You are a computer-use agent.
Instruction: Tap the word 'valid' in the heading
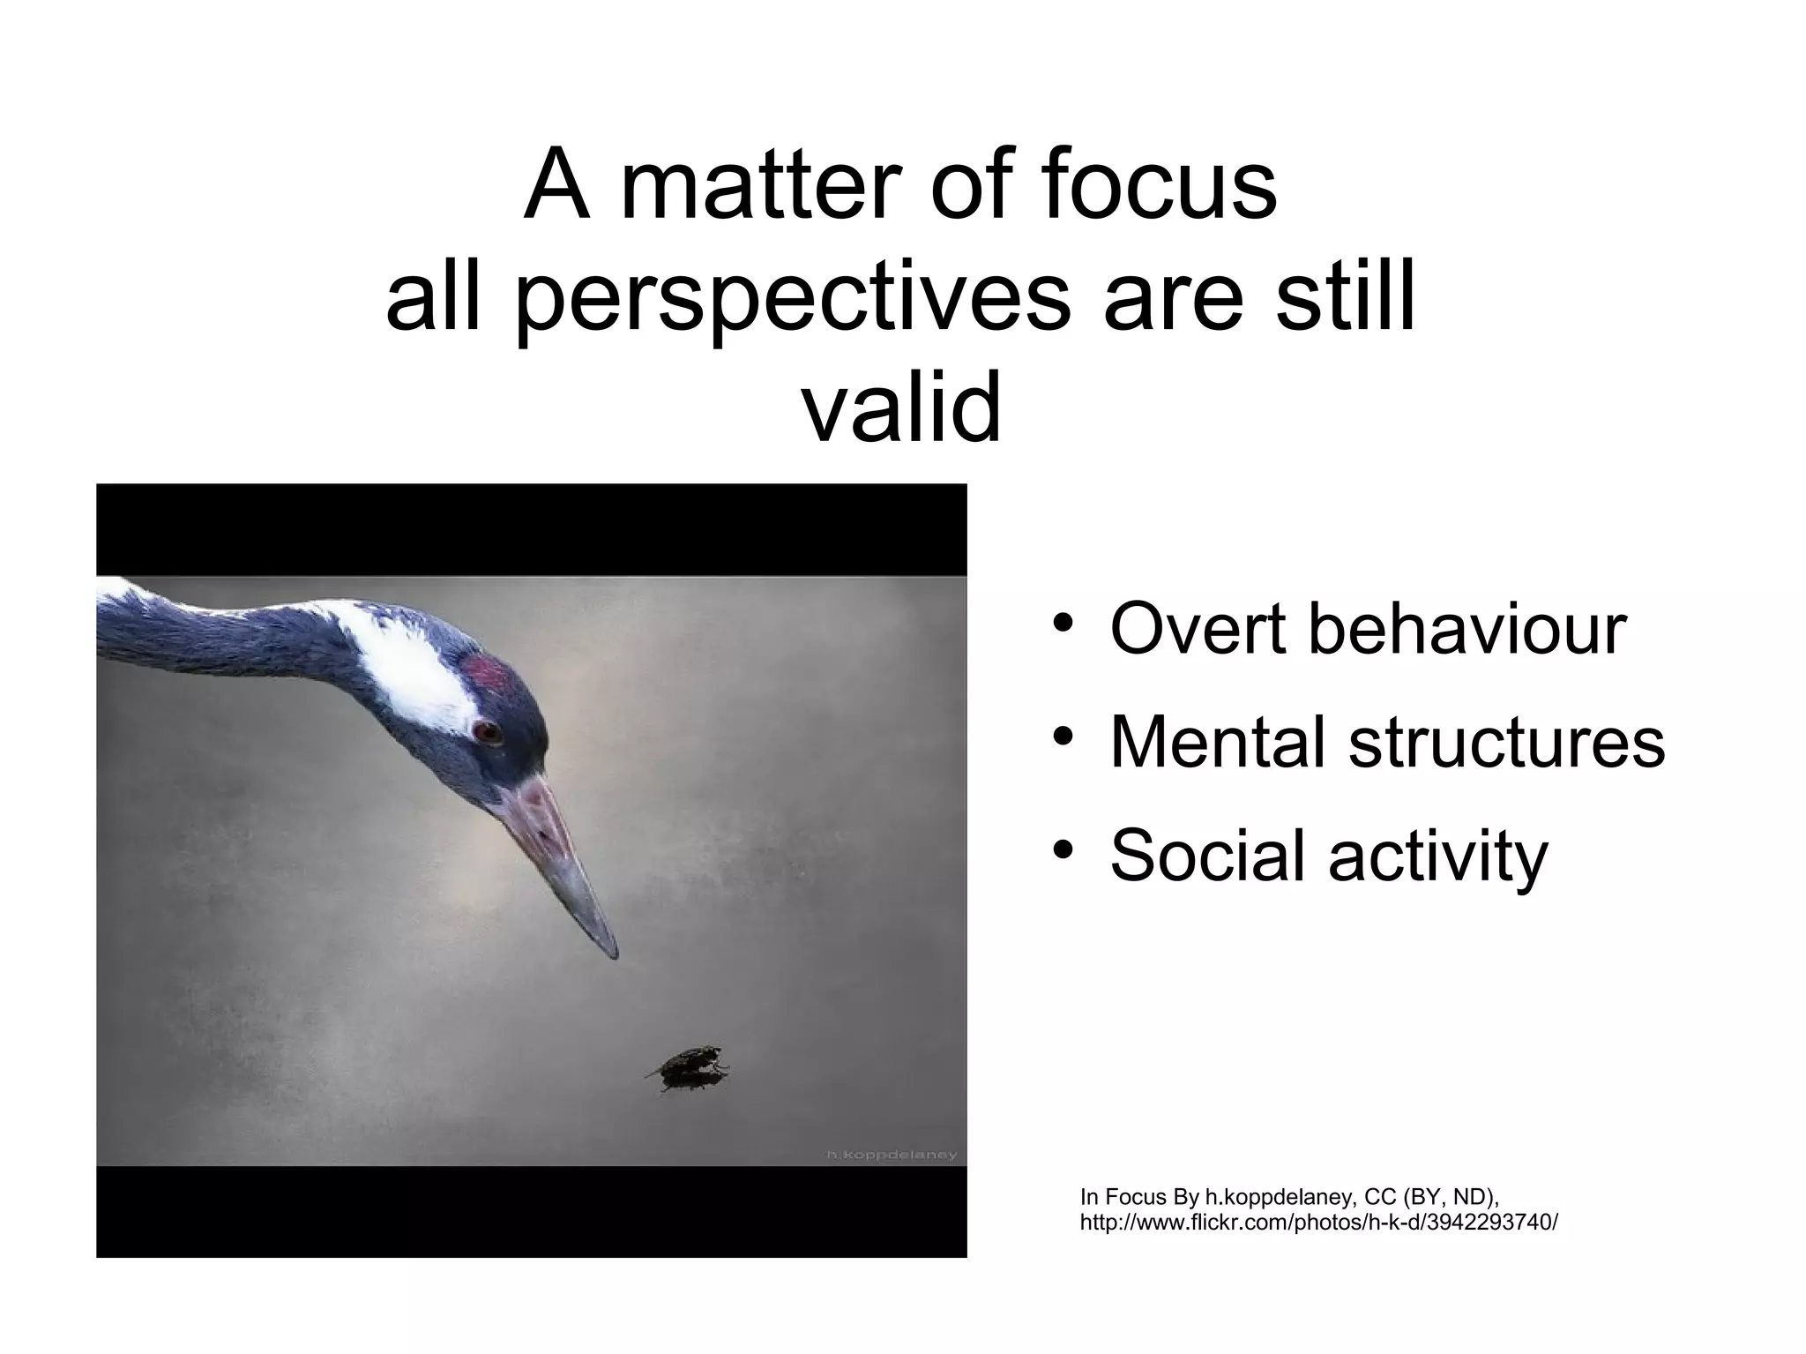coord(901,408)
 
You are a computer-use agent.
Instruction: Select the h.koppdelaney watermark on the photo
coord(891,1155)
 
